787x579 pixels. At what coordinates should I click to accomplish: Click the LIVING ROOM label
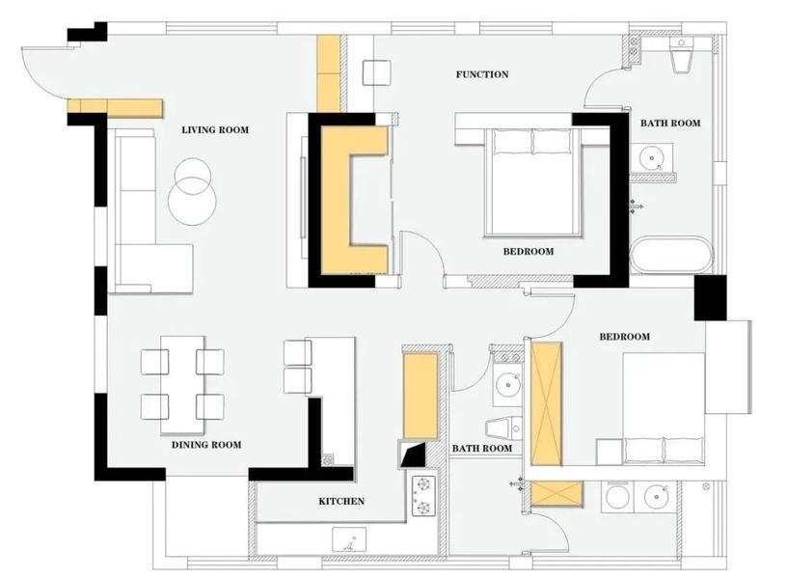[215, 130]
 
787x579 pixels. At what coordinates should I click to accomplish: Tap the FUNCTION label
[482, 74]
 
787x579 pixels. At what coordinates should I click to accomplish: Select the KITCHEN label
[341, 501]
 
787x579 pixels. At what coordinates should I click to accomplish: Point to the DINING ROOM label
[206, 445]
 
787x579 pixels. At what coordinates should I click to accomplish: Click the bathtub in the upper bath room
[671, 255]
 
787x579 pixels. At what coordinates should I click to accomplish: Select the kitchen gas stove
[424, 496]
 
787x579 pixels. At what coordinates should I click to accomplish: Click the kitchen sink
[349, 539]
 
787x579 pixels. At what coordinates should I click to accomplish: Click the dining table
[182, 384]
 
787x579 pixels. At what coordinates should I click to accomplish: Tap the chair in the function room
[376, 73]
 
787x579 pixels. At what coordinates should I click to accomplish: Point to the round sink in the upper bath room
[651, 157]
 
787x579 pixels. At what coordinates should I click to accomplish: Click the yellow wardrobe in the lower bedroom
[546, 404]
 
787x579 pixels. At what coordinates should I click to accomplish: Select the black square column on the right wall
[710, 297]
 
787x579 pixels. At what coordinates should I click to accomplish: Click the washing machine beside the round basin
[618, 497]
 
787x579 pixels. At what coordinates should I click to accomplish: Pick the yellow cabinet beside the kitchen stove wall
[421, 397]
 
